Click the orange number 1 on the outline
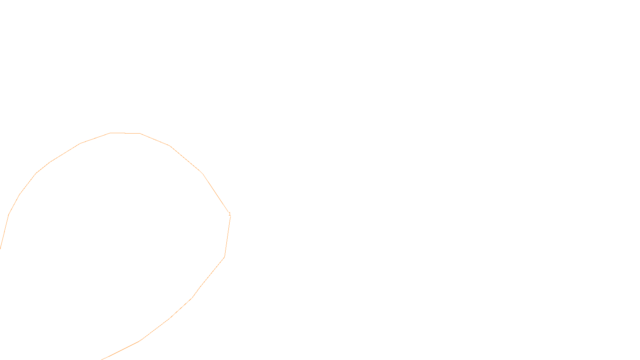coord(230,214)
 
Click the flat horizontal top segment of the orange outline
coord(125,133)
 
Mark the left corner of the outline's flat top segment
coord(110,133)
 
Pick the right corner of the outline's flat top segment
coord(140,134)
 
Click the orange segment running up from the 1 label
coord(216,193)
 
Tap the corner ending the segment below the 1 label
coord(224,257)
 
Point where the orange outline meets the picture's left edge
coord(0,248)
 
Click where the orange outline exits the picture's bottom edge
coord(102,359)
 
